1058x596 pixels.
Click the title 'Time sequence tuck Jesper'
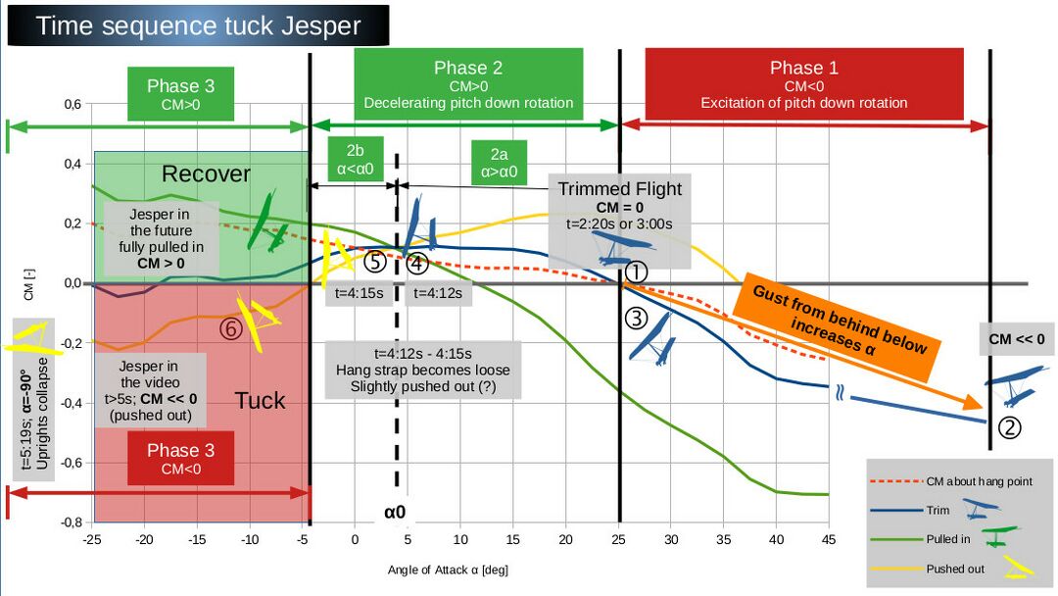(x=198, y=25)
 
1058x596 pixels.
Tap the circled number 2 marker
(x=1011, y=426)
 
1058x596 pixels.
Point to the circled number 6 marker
(x=231, y=330)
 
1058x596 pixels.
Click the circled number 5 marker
(x=376, y=262)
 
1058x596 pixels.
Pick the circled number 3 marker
(x=637, y=318)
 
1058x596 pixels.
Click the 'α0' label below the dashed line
(x=395, y=511)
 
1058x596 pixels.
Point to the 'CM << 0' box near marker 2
(x=1016, y=339)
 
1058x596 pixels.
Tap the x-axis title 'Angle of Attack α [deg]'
(x=448, y=570)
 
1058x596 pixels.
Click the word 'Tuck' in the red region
(x=260, y=400)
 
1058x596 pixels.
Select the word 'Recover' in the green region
(x=206, y=174)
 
